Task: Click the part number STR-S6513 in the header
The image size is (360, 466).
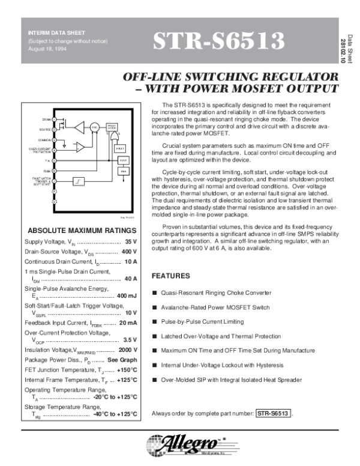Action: point(218,41)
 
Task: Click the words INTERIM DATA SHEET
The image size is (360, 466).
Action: point(52,32)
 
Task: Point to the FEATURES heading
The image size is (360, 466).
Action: point(171,276)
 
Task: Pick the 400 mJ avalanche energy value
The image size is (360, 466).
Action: point(127,295)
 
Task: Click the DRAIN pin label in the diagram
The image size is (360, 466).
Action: point(46,120)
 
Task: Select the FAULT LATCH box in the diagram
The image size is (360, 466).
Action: point(119,148)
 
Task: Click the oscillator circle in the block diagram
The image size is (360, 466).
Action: point(94,127)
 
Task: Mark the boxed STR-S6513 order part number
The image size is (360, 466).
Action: point(274,413)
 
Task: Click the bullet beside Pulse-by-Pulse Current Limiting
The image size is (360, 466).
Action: point(154,322)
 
